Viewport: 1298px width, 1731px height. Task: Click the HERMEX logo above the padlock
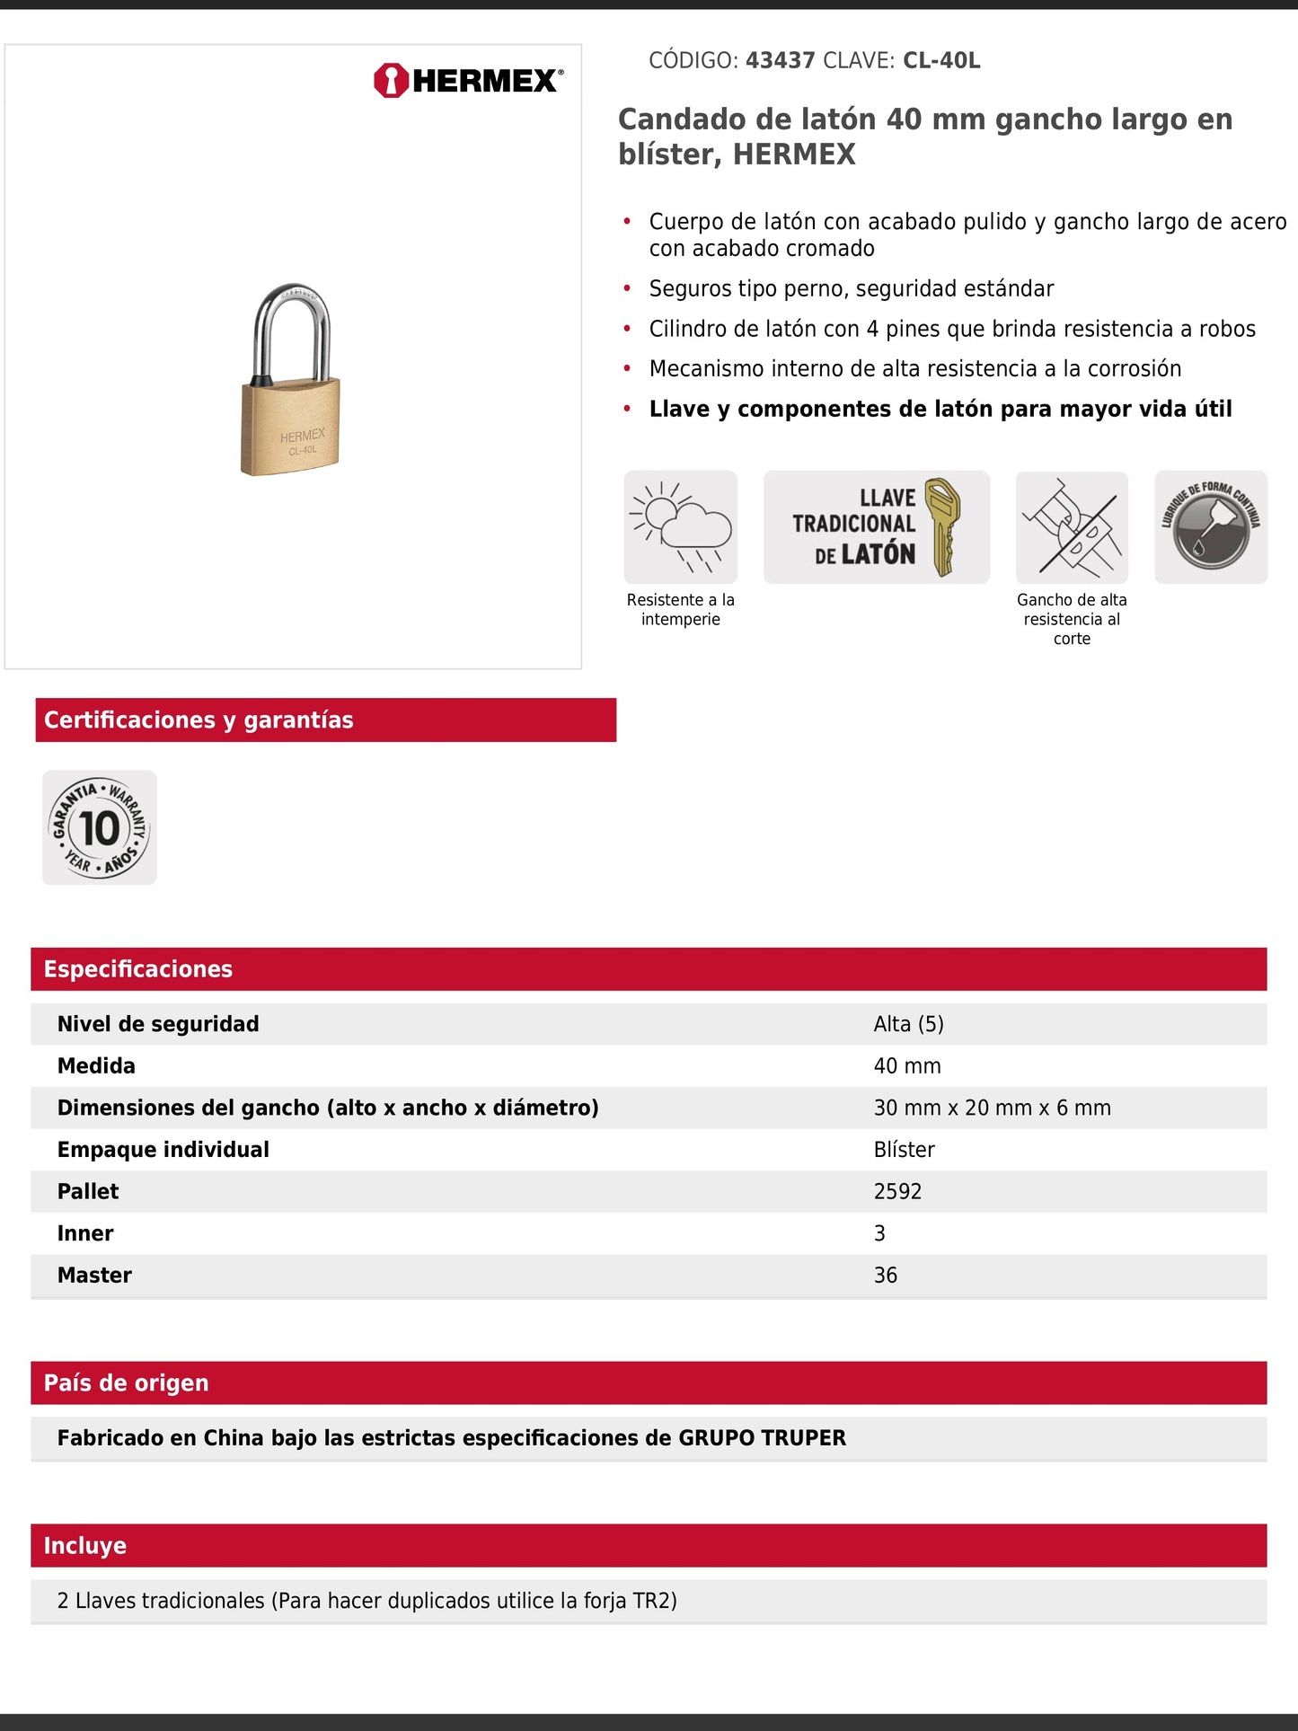click(x=468, y=81)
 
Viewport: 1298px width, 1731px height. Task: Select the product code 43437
click(x=780, y=61)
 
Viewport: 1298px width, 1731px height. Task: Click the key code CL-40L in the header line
click(x=940, y=61)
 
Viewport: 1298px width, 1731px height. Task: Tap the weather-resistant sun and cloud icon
click(x=680, y=526)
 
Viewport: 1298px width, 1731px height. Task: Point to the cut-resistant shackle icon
click(x=1072, y=527)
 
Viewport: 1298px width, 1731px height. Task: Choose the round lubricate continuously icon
click(x=1210, y=527)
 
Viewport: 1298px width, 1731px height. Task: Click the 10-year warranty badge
click(x=99, y=827)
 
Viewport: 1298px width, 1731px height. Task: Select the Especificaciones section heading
click(x=138, y=969)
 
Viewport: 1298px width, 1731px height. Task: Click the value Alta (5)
click(x=908, y=1024)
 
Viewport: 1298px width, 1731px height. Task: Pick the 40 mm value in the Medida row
click(x=907, y=1066)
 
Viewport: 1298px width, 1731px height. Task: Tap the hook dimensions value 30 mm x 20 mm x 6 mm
click(x=992, y=1108)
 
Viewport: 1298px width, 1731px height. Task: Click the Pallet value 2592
click(x=897, y=1192)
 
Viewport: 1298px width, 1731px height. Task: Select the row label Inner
click(x=85, y=1233)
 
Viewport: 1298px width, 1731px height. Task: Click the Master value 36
click(x=886, y=1276)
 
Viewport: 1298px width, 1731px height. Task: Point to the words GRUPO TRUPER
click(x=762, y=1438)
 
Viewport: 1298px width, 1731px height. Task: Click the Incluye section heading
click(x=85, y=1546)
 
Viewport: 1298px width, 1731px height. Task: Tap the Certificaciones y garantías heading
click(x=199, y=720)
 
